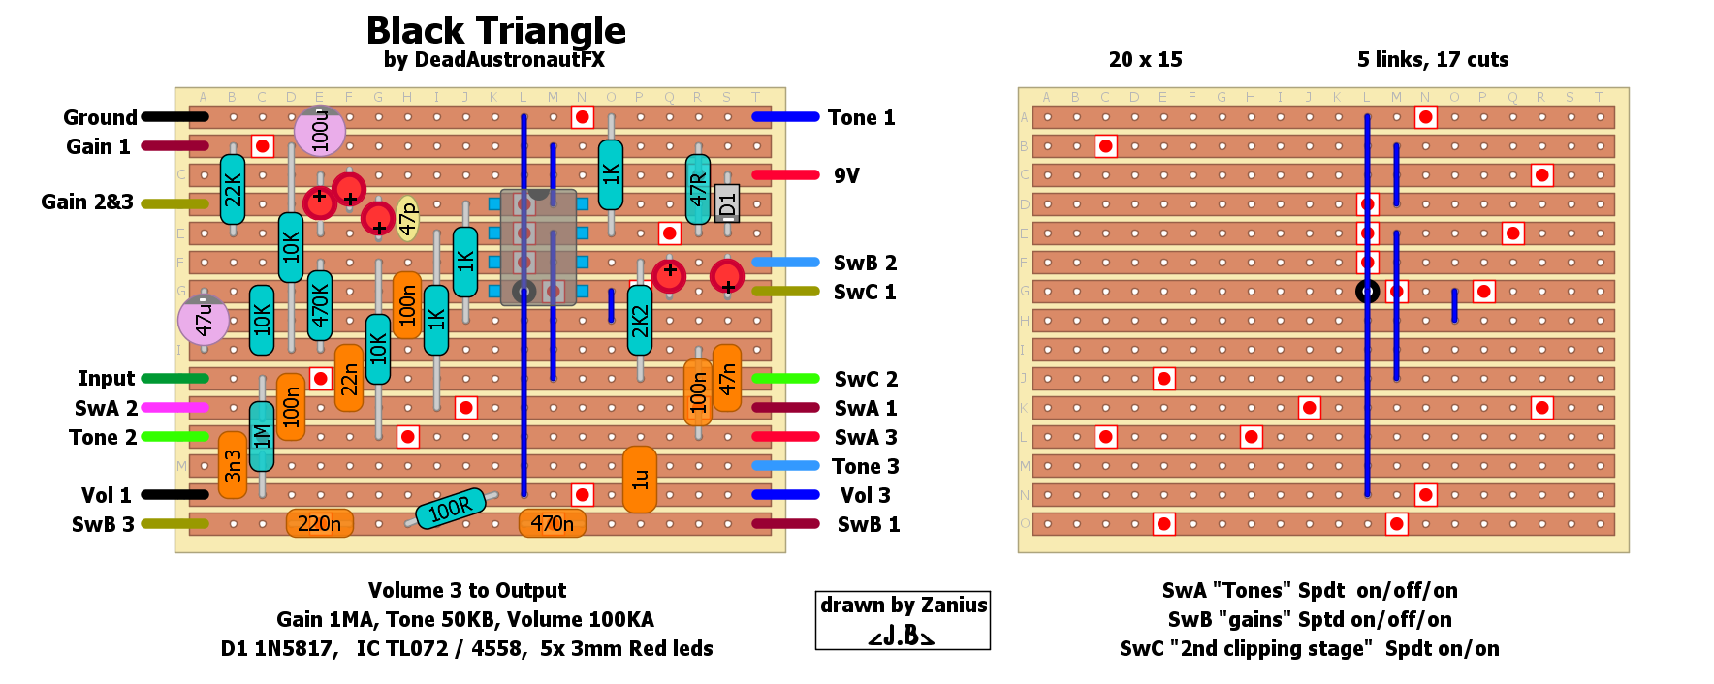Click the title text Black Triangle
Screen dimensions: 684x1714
tap(495, 31)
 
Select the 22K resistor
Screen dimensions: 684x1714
tap(233, 190)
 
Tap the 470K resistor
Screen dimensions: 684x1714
tap(320, 305)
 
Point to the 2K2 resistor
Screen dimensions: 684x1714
tap(640, 320)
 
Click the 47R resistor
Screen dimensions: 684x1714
tap(698, 189)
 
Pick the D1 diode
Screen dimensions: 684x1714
tap(727, 203)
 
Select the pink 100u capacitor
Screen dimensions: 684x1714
tap(320, 131)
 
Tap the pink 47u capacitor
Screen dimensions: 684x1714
tap(204, 319)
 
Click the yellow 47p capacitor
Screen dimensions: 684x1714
tap(408, 218)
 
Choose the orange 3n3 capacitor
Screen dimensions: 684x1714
tap(233, 465)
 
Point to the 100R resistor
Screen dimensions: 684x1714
tap(450, 508)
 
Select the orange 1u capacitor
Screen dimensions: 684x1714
tap(640, 480)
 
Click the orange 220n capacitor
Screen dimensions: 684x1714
tap(320, 524)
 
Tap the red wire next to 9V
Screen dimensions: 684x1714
tap(785, 175)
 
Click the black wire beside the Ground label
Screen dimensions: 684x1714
tap(175, 117)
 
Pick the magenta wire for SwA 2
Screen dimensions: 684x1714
tap(175, 408)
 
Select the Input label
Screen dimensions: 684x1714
tap(107, 379)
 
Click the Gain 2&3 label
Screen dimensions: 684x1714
tap(87, 202)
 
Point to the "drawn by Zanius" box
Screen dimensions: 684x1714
tap(903, 620)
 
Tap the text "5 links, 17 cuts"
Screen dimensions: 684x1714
tap(1433, 60)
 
